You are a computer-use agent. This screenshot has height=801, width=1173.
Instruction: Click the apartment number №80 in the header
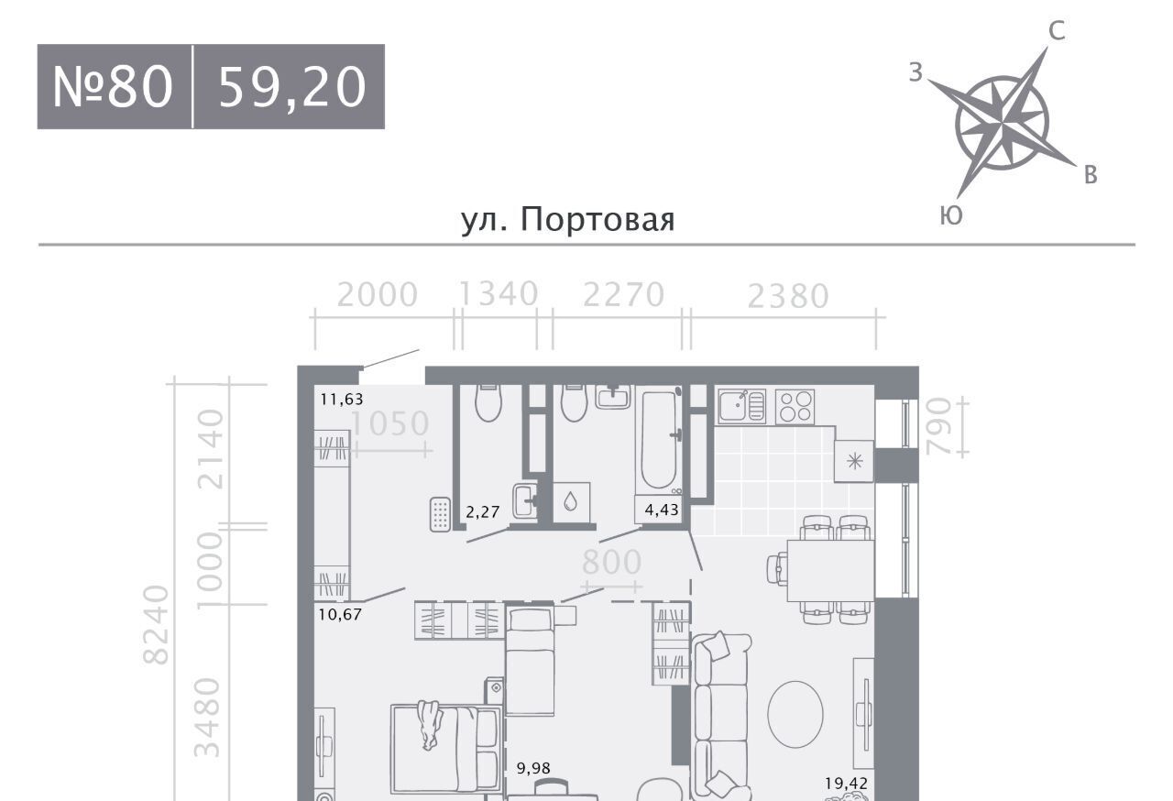[113, 87]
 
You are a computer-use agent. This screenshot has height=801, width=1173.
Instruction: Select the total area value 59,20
[292, 87]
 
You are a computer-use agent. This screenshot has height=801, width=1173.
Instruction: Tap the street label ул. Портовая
[567, 219]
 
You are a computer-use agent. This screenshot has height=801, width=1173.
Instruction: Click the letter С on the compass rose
[1057, 31]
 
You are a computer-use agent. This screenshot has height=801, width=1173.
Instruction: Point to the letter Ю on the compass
[951, 215]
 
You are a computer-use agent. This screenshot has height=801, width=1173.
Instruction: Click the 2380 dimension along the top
[788, 296]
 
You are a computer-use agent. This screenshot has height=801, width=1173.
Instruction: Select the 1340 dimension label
[499, 293]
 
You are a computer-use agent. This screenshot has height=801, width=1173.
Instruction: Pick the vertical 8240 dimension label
[156, 624]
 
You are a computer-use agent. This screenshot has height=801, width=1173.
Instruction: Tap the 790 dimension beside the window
[937, 426]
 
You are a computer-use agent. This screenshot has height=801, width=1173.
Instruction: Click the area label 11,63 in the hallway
[342, 400]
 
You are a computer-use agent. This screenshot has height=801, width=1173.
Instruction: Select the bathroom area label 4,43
[662, 510]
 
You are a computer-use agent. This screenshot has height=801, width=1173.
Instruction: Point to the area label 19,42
[846, 784]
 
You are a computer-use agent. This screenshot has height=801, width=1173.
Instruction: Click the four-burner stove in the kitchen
[795, 407]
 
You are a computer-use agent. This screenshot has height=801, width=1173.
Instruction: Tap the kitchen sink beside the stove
[741, 406]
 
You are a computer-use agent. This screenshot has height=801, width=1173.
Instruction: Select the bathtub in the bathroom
[659, 440]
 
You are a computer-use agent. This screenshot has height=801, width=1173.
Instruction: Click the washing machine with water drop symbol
[571, 502]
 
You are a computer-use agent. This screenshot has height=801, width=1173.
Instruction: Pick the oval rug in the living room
[795, 714]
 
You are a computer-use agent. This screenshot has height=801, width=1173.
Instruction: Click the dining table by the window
[830, 571]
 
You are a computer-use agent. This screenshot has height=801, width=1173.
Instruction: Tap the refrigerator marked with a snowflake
[854, 461]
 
